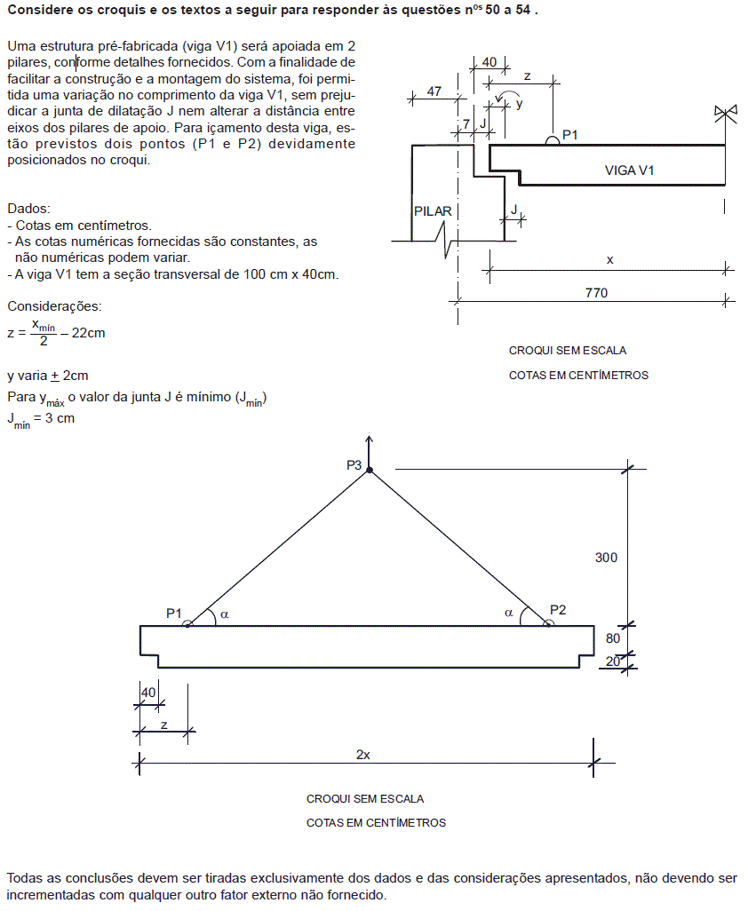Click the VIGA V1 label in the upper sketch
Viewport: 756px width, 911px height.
(x=629, y=170)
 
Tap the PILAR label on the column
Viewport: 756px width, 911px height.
(x=433, y=211)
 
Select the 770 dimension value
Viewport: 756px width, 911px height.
(x=596, y=292)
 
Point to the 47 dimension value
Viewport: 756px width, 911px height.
(x=434, y=91)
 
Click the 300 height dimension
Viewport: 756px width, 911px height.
(x=606, y=558)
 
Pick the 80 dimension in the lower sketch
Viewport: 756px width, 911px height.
(x=613, y=638)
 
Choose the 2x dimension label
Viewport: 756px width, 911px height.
(x=363, y=754)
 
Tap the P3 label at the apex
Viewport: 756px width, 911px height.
(x=354, y=464)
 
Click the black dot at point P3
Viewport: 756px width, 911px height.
(x=370, y=470)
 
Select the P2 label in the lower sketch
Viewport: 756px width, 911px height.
(x=558, y=609)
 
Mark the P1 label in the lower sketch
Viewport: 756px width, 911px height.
(x=174, y=613)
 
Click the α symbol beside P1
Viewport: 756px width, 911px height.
(x=225, y=614)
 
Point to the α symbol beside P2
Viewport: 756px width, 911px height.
(x=509, y=613)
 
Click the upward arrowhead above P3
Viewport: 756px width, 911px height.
(x=370, y=439)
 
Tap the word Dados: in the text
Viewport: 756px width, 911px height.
(x=29, y=208)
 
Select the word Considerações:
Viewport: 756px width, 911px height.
(x=54, y=306)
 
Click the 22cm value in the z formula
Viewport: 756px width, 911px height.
(x=88, y=333)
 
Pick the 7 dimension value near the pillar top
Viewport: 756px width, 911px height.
(x=466, y=123)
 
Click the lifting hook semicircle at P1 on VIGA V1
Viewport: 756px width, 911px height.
(x=552, y=140)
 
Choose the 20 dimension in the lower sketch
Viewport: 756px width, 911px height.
(x=613, y=661)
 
